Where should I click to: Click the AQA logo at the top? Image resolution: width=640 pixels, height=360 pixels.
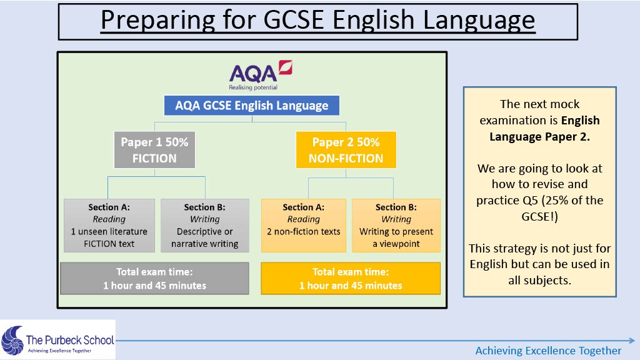261,75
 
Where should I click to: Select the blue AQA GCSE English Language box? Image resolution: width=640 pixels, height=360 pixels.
252,106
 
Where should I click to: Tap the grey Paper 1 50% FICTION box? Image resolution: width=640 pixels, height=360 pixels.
155,150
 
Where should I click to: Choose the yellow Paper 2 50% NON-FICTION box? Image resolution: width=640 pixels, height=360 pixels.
346,150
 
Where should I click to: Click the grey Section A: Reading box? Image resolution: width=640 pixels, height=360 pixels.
109,225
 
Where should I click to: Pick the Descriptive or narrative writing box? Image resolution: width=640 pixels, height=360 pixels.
205,225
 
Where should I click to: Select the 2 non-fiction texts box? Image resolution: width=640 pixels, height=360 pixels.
304,225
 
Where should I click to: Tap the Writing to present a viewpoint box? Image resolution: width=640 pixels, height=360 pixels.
396,225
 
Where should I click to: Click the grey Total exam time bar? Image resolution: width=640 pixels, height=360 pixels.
155,278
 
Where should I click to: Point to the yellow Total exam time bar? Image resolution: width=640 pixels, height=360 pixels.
351,278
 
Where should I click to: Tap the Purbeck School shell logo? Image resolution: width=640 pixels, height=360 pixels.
12,340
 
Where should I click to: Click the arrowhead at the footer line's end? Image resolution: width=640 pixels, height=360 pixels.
632,340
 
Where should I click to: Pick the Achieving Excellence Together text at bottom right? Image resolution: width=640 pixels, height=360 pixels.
548,351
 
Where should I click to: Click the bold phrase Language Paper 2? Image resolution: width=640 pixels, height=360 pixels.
539,137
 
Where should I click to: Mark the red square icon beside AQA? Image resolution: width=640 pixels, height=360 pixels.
285,67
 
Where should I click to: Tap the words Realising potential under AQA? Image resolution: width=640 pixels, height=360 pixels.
253,87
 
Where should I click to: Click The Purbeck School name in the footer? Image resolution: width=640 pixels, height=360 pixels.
70,340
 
